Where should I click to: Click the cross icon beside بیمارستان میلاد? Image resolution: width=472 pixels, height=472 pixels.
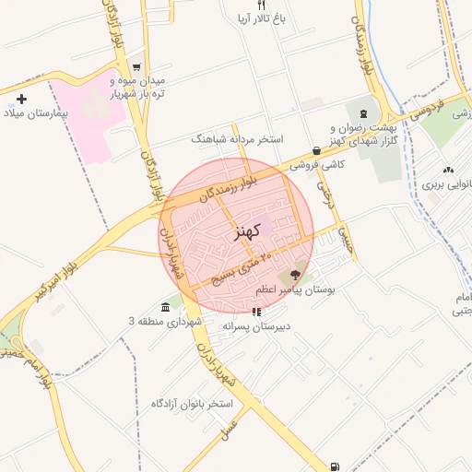tap(22, 99)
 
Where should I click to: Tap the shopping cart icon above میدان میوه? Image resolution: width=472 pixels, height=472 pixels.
tap(137, 66)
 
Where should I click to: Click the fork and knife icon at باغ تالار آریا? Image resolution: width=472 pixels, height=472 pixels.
tap(235, 6)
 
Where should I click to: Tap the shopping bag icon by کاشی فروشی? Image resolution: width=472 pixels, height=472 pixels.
tap(316, 151)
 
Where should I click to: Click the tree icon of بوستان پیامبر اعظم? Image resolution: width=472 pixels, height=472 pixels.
tap(295, 274)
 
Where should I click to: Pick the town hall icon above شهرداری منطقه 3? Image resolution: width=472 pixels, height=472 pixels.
tap(164, 306)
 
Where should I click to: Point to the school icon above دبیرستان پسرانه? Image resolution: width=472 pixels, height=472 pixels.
tap(255, 312)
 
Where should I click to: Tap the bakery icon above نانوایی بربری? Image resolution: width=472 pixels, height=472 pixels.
tap(448, 170)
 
